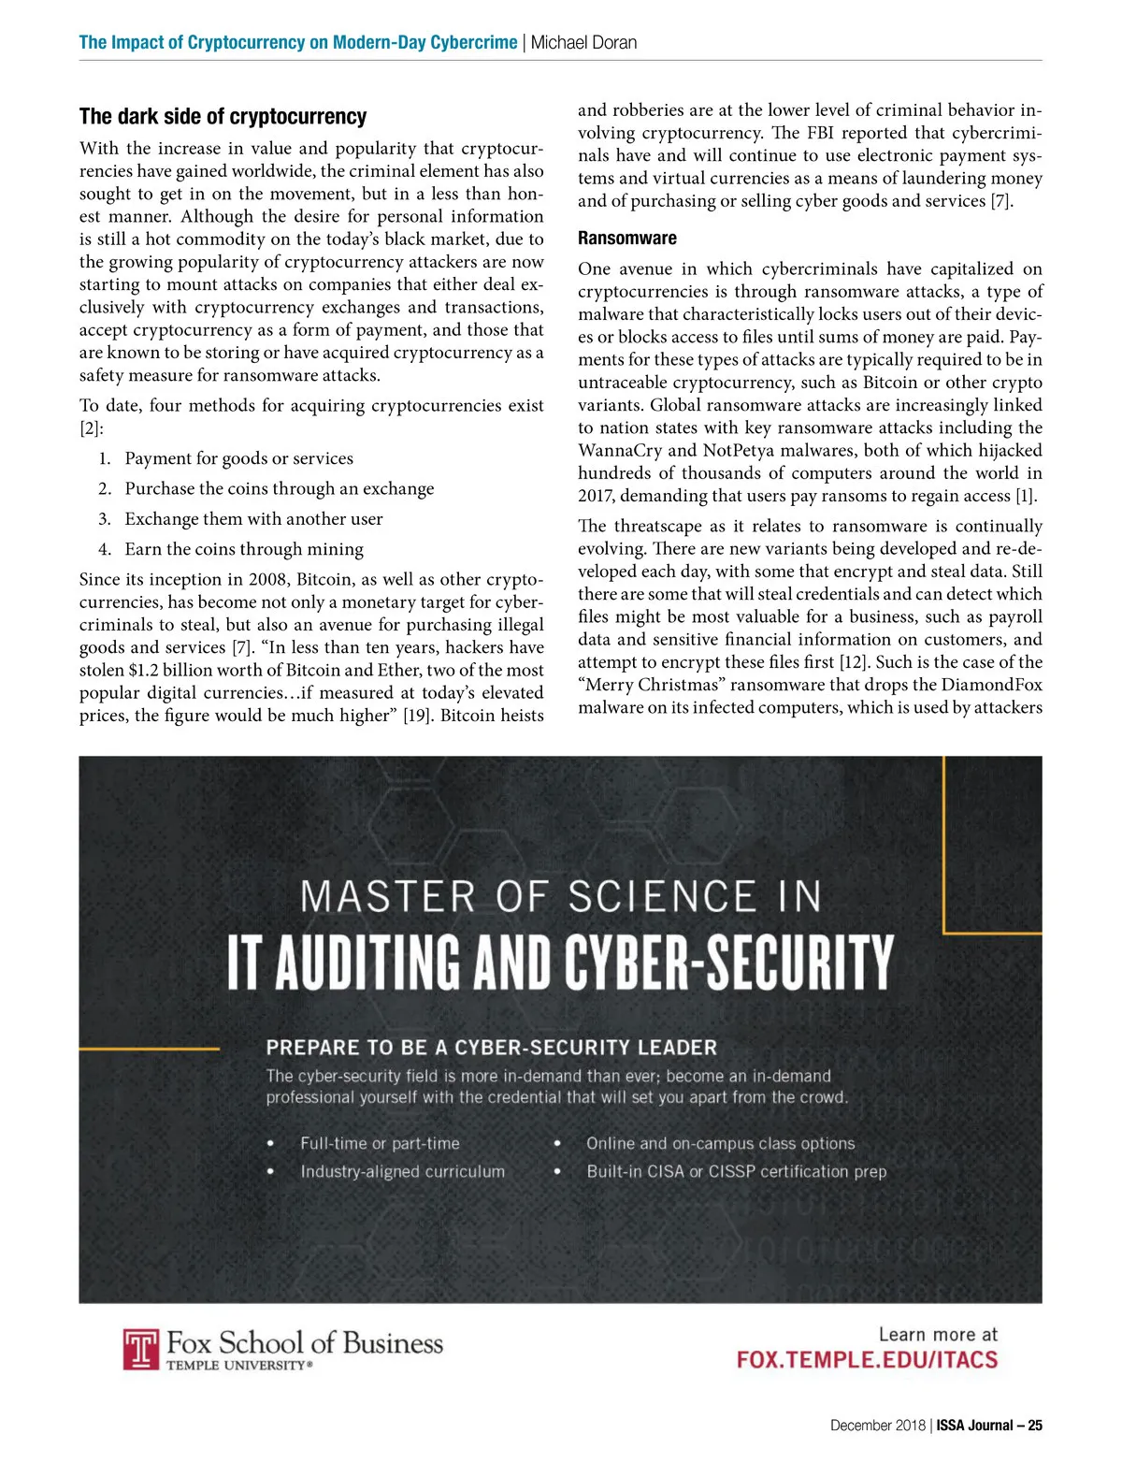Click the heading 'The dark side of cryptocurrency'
(223, 117)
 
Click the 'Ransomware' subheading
(626, 239)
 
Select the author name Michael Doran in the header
(584, 42)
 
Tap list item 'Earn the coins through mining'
(244, 549)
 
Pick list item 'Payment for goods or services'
(238, 458)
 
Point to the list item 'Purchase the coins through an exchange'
(279, 488)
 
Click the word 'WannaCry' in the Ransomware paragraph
(618, 450)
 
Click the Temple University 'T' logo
(141, 1350)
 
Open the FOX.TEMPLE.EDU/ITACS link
(867, 1360)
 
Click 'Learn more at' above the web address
(938, 1334)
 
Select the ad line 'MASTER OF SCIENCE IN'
(561, 896)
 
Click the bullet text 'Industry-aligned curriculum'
(402, 1171)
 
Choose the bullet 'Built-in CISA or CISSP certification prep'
(736, 1171)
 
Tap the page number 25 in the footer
(1034, 1426)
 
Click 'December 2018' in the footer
(877, 1426)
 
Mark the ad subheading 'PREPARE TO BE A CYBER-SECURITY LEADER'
(491, 1048)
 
